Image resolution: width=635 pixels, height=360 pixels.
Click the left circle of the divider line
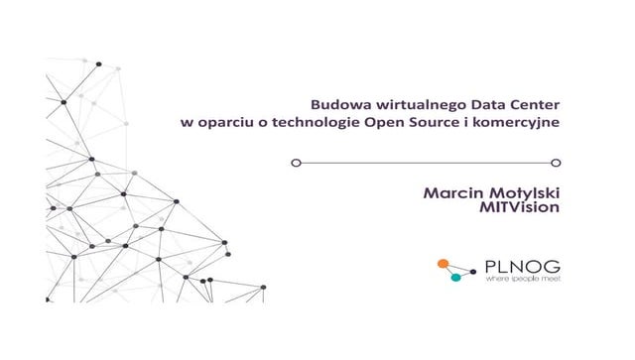pyautogui.click(x=295, y=162)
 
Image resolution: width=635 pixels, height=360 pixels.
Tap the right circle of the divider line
pyautogui.click(x=556, y=162)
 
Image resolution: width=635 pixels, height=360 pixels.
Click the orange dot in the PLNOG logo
pyautogui.click(x=444, y=265)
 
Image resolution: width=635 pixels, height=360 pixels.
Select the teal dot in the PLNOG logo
pyautogui.click(x=456, y=277)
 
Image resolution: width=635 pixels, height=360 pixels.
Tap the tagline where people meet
pyautogui.click(x=520, y=280)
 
